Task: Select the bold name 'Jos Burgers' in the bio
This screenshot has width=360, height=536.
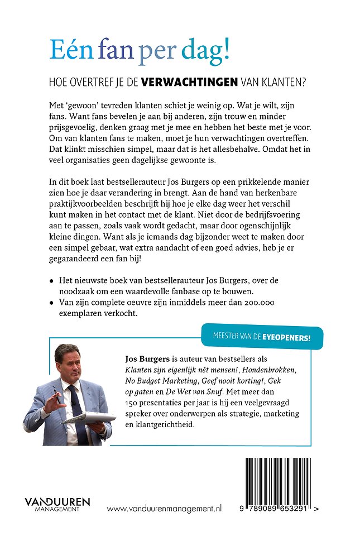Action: click(144, 360)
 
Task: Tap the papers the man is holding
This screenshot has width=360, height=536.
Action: click(92, 417)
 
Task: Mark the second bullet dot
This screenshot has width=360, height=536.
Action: click(51, 303)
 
